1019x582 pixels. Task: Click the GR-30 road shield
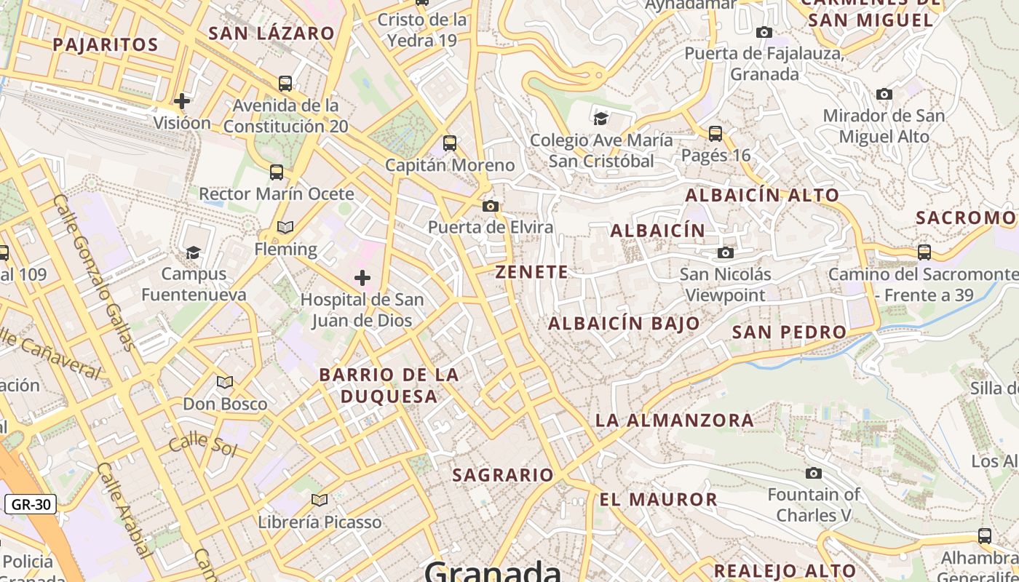(31, 503)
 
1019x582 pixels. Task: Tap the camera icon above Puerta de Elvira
(491, 207)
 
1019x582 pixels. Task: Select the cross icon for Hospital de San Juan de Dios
(362, 277)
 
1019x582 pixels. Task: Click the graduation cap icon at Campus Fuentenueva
(193, 252)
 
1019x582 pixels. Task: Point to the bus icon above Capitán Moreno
(450, 143)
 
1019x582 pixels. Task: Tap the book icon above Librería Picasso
(319, 500)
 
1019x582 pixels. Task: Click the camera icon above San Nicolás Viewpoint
(726, 252)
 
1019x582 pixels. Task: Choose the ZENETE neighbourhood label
(531, 272)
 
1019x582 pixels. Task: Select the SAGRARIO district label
(503, 475)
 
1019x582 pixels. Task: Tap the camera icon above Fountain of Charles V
(814, 474)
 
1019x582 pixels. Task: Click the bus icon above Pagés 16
(715, 134)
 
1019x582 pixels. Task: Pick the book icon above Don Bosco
(225, 382)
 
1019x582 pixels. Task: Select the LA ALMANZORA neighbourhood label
(675, 420)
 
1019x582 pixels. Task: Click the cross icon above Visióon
(182, 100)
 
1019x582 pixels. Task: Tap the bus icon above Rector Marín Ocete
(277, 172)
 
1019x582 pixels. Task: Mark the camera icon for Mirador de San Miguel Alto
(884, 94)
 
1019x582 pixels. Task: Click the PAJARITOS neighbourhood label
(106, 44)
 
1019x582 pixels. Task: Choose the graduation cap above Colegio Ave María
(600, 119)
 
